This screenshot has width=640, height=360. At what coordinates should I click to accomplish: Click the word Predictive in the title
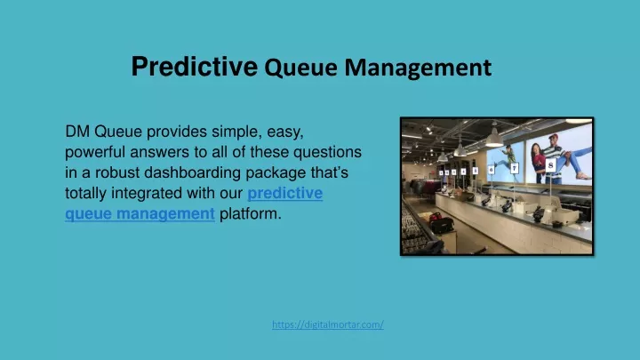[195, 66]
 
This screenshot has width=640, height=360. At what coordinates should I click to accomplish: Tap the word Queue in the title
[300, 68]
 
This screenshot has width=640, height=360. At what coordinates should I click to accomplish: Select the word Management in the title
[418, 68]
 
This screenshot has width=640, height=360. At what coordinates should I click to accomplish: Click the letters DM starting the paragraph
[77, 132]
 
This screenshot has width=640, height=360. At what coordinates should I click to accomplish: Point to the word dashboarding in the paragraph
[193, 172]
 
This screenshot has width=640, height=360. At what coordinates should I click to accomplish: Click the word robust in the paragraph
[117, 172]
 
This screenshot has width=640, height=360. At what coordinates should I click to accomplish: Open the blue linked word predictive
[285, 193]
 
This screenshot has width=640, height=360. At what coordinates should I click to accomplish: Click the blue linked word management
[165, 214]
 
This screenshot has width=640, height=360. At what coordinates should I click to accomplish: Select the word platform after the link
[249, 213]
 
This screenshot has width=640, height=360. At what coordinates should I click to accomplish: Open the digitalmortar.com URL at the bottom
[328, 324]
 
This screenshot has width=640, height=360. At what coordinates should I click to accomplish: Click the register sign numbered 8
[550, 165]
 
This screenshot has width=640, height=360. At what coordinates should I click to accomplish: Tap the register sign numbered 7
[515, 168]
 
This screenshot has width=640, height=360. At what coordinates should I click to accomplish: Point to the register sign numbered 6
[491, 170]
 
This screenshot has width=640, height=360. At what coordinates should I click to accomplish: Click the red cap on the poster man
[554, 137]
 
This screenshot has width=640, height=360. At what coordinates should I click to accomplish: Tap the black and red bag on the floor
[441, 223]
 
